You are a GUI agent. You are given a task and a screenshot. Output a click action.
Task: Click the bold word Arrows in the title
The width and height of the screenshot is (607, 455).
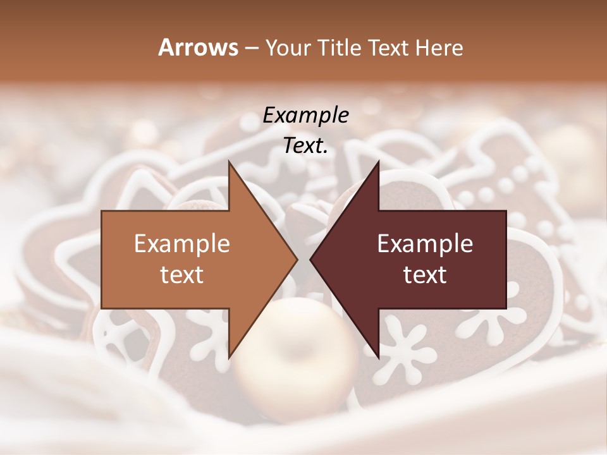[x=199, y=47]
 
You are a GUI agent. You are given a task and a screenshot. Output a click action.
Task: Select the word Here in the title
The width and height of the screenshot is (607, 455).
[x=439, y=47]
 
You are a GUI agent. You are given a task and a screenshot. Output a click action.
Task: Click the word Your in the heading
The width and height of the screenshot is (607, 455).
[x=288, y=48]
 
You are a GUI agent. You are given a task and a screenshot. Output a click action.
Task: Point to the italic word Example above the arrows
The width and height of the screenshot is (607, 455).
[x=305, y=116]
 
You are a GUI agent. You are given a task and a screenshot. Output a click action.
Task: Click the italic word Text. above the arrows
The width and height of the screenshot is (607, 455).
[x=305, y=146]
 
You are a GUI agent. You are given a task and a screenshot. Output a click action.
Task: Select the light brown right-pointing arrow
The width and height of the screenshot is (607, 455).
[x=190, y=259]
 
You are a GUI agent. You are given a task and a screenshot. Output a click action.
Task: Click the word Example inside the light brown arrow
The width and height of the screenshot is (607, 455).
[x=182, y=244]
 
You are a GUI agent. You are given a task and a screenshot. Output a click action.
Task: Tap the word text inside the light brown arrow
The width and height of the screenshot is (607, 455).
[x=182, y=275]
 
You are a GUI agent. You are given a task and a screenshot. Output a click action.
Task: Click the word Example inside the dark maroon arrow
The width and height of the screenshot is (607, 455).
[x=425, y=244]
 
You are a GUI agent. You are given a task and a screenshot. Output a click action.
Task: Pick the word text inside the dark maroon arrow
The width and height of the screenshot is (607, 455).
[x=425, y=275]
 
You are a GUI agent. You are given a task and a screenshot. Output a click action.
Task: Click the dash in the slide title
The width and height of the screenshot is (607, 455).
[x=250, y=48]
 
